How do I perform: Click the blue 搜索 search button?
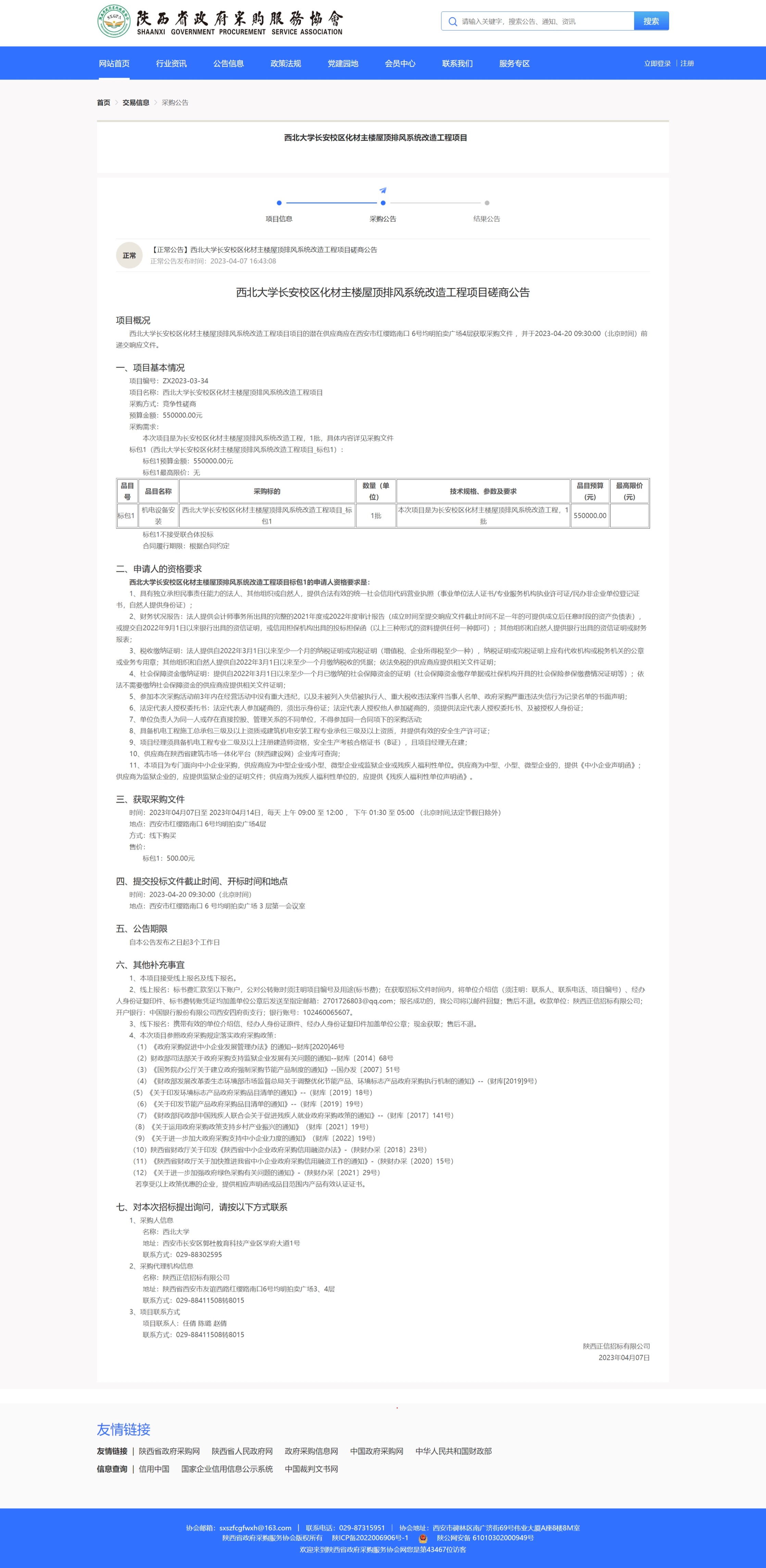[651, 21]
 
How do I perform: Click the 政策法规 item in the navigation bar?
[286, 63]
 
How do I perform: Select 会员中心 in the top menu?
[400, 63]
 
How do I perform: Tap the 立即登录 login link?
[657, 63]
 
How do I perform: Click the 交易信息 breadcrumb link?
[136, 103]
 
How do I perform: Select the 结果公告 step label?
[487, 218]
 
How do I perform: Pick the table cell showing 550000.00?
[589, 516]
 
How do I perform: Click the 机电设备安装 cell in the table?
[158, 516]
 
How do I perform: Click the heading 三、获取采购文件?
[150, 799]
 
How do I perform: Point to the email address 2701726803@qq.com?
[358, 1001]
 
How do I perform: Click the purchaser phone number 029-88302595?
[199, 1254]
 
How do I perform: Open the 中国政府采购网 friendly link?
[376, 1451]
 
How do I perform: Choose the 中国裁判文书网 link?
[311, 1469]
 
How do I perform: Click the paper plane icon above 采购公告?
[382, 190]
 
